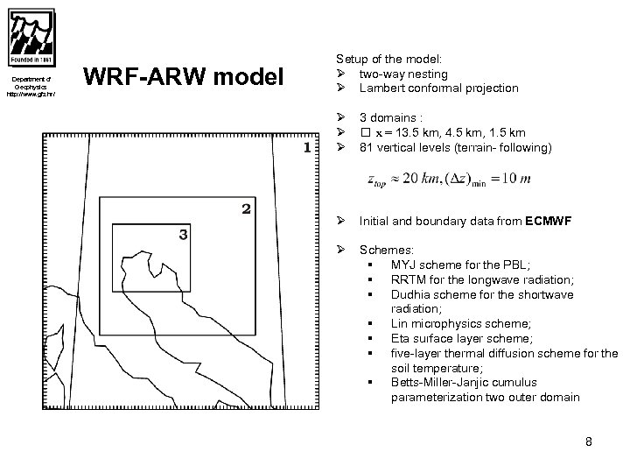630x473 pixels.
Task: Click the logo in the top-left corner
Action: point(33,38)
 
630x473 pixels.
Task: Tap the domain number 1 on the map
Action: point(306,147)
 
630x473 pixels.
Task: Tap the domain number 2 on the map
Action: point(247,208)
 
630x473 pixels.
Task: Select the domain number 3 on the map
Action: point(183,234)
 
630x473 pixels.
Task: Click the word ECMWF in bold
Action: point(549,222)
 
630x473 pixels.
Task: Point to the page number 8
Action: point(589,441)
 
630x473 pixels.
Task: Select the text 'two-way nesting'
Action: point(403,74)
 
